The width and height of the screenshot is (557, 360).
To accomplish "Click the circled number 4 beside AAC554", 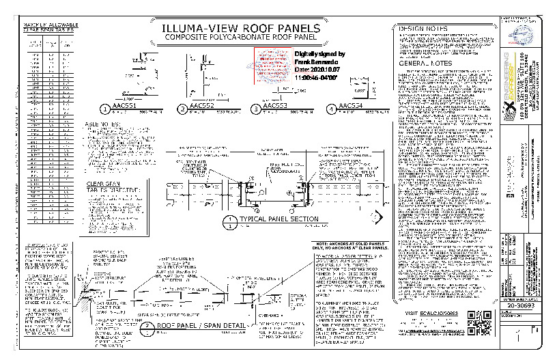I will click(x=331, y=109).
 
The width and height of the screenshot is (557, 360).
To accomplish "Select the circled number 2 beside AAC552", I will click(x=182, y=109).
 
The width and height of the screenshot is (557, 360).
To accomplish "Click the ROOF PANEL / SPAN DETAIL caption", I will click(x=201, y=325).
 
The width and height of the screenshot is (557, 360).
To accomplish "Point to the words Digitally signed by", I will click(x=319, y=54).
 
